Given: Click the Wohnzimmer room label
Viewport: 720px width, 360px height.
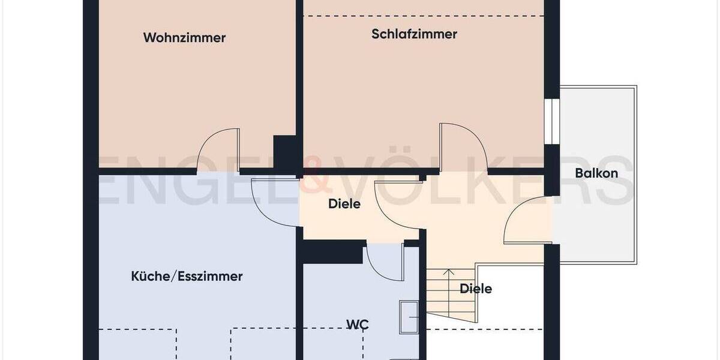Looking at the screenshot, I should pyautogui.click(x=184, y=38).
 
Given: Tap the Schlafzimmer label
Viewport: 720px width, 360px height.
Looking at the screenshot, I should pyautogui.click(x=414, y=34).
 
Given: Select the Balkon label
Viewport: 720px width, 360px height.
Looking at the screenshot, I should pyautogui.click(x=596, y=173).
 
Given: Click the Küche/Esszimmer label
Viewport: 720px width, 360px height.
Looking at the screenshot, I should pyautogui.click(x=187, y=277).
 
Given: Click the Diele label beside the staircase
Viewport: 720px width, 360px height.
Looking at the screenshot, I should pyautogui.click(x=476, y=289).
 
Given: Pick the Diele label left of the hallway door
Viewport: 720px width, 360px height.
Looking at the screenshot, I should pyautogui.click(x=344, y=204).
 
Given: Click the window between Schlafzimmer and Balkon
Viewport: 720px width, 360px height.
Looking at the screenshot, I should pyautogui.click(x=551, y=121).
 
